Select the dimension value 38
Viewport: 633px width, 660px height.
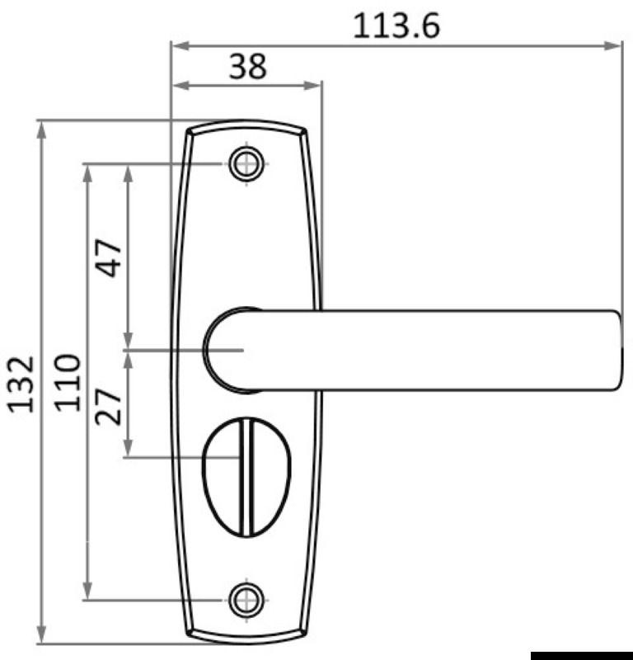pos(247,66)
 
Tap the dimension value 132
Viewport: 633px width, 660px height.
pos(21,383)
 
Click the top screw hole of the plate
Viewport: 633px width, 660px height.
pos(246,163)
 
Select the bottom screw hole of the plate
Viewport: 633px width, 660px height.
pos(246,600)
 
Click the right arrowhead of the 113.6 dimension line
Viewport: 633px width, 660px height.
pos(614,45)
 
